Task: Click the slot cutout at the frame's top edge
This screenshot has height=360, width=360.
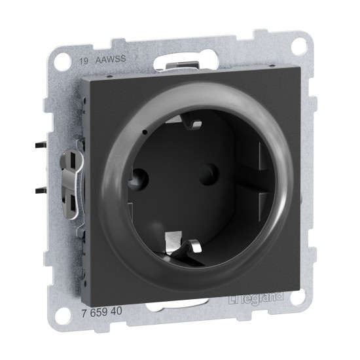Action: tap(179, 62)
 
